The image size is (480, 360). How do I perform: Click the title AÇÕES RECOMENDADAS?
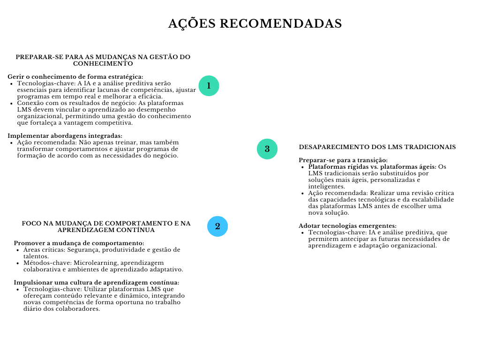(x=255, y=23)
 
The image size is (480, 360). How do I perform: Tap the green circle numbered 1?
(x=209, y=86)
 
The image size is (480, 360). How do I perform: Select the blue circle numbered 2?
(x=217, y=226)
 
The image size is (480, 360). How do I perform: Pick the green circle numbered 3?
(x=267, y=149)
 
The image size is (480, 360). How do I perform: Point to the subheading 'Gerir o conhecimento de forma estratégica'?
(x=75, y=77)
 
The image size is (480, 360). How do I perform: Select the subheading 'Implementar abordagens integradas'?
(x=65, y=136)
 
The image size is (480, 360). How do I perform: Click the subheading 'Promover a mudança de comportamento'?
(x=79, y=243)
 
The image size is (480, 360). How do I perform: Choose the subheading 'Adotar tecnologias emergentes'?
(x=348, y=226)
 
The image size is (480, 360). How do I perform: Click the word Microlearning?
(x=94, y=263)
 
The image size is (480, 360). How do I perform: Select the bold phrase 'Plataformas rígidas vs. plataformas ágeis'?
(x=372, y=167)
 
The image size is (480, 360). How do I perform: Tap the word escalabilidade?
(x=431, y=200)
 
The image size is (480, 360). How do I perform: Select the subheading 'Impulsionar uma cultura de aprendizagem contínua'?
(x=96, y=283)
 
